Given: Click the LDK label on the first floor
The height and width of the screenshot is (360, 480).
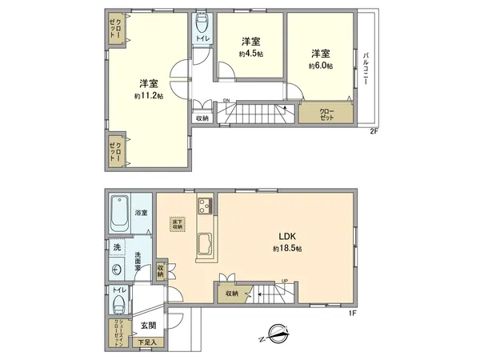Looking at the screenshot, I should (288, 236).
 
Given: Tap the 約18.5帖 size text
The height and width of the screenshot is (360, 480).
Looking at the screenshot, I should (288, 249).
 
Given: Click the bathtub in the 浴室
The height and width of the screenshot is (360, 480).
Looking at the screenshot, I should (122, 213).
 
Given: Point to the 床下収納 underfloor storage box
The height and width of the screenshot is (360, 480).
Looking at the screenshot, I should (177, 225).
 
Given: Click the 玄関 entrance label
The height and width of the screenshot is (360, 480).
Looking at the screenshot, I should (149, 325).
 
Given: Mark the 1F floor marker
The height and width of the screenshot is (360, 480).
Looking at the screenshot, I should (350, 312).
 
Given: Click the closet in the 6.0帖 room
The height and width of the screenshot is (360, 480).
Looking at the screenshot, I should (327, 113).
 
